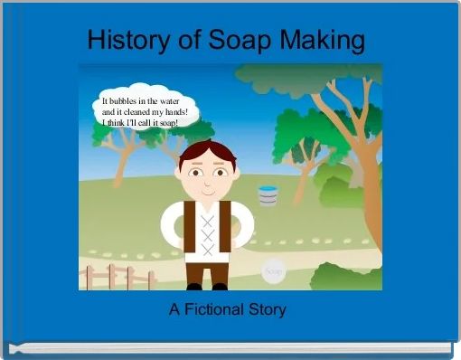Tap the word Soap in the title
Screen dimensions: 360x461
[x=238, y=40]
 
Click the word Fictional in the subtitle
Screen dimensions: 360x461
[x=215, y=310]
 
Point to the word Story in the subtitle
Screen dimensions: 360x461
[x=268, y=310]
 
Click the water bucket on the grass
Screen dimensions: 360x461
[x=268, y=194]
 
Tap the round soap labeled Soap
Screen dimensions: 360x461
[x=274, y=270]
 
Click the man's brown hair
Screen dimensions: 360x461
[x=207, y=151]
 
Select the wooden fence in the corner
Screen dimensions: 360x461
[x=113, y=276]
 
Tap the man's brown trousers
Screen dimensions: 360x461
[x=207, y=270]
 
